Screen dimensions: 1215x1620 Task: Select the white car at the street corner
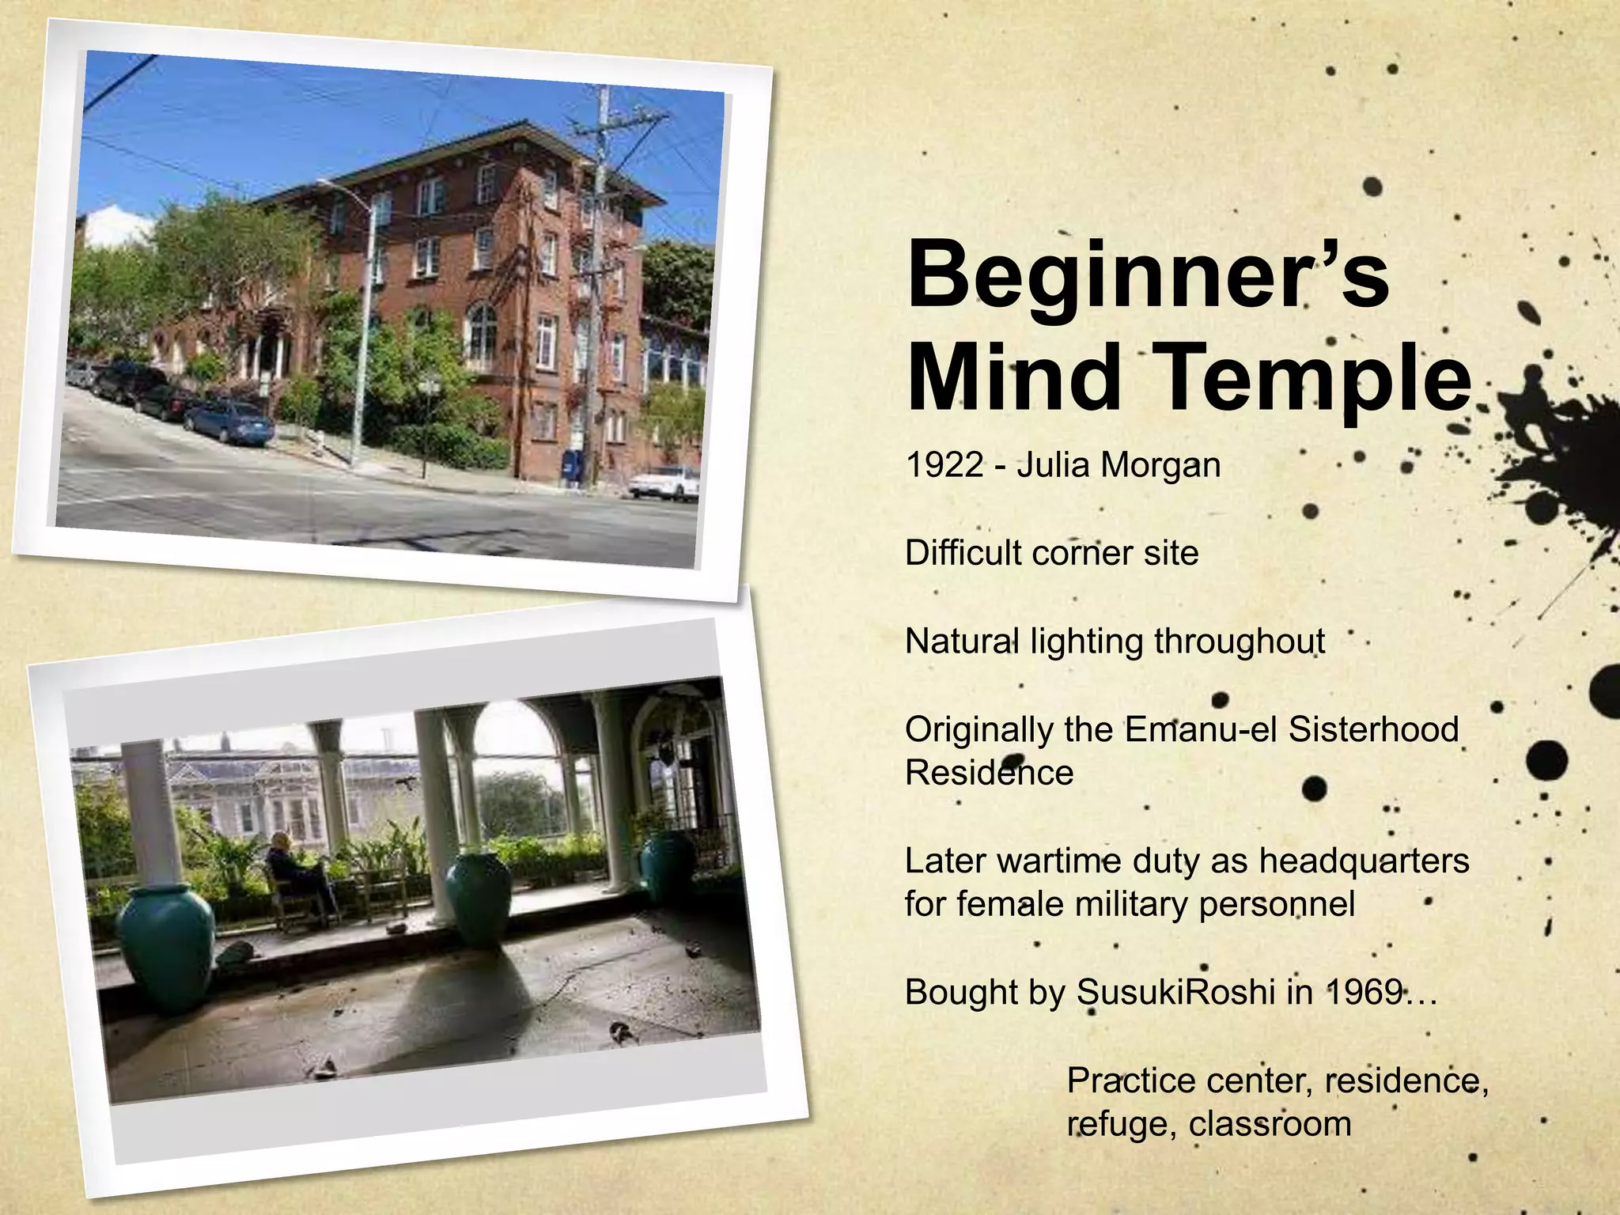(x=664, y=483)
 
